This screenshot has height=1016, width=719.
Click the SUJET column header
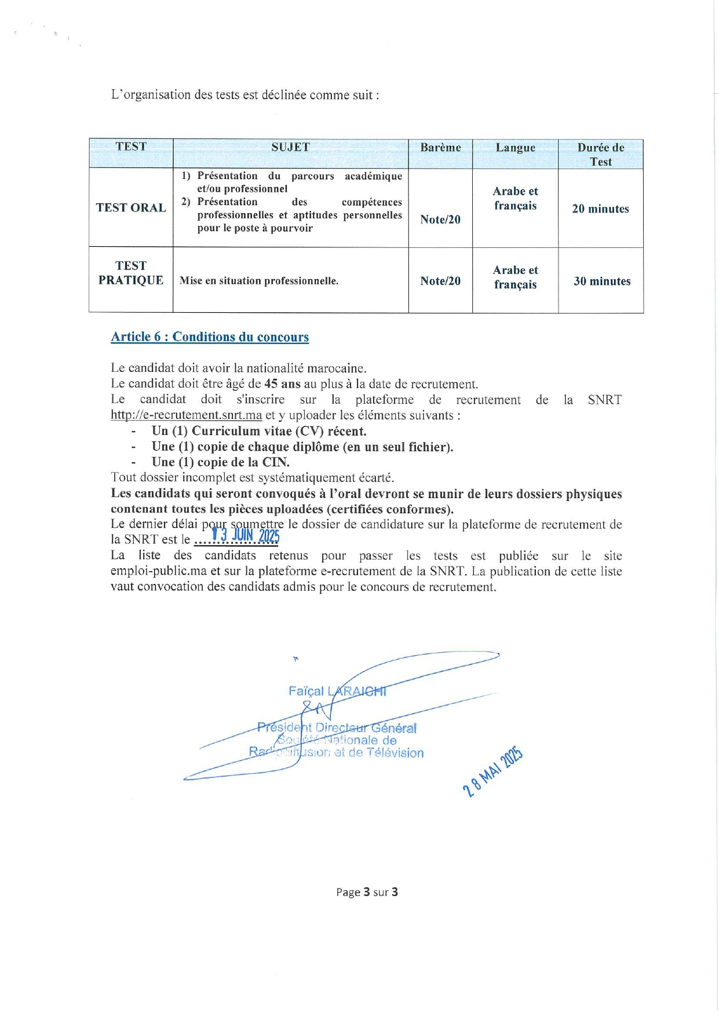pyautogui.click(x=290, y=148)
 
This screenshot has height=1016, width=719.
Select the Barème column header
pyautogui.click(x=440, y=148)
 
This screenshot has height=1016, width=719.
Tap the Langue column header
pyautogui.click(x=515, y=148)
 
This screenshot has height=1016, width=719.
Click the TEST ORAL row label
pyautogui.click(x=131, y=208)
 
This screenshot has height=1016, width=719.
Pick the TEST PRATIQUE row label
pyautogui.click(x=131, y=273)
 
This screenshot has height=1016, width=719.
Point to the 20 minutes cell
pyautogui.click(x=600, y=209)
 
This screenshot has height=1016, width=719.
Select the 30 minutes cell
pyautogui.click(x=601, y=282)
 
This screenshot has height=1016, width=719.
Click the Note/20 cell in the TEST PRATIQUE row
pyautogui.click(x=440, y=282)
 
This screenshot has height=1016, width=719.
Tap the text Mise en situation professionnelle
pyautogui.click(x=259, y=282)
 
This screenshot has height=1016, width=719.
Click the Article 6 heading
pyautogui.click(x=210, y=337)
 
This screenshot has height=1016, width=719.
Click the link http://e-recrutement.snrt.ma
pyautogui.click(x=186, y=415)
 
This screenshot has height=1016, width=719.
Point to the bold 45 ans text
pyautogui.click(x=283, y=384)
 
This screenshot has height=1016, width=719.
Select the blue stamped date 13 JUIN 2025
pyautogui.click(x=246, y=536)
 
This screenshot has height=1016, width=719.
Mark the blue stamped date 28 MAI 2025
pyautogui.click(x=493, y=772)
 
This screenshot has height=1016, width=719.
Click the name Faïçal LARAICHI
pyautogui.click(x=337, y=691)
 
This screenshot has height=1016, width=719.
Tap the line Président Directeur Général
pyautogui.click(x=337, y=728)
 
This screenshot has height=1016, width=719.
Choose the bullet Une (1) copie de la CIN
pyautogui.click(x=220, y=462)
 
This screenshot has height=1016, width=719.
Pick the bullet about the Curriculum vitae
pyautogui.click(x=258, y=431)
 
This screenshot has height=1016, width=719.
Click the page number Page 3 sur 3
pyautogui.click(x=367, y=892)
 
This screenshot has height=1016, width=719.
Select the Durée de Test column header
pyautogui.click(x=600, y=154)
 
